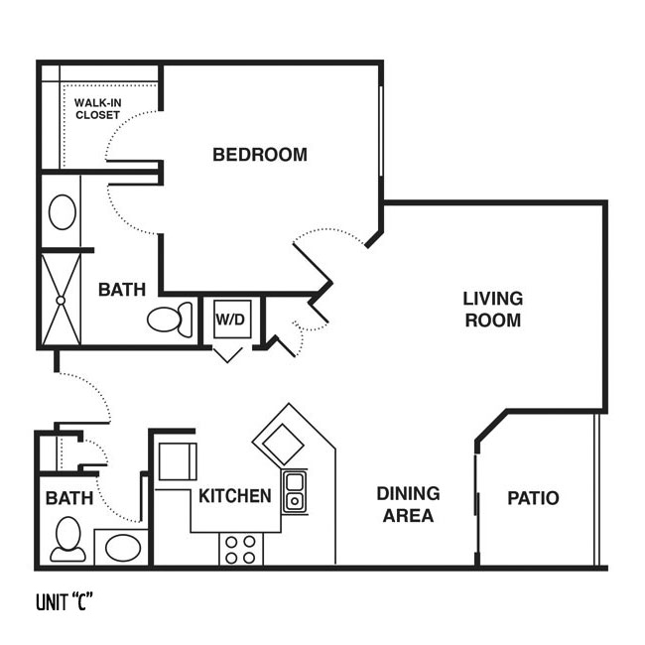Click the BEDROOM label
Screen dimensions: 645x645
pyautogui.click(x=260, y=155)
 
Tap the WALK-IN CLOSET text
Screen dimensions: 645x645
pyautogui.click(x=98, y=109)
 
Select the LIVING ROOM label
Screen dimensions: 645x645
pyautogui.click(x=493, y=310)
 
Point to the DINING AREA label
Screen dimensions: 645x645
pyautogui.click(x=408, y=504)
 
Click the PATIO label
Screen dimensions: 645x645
pyautogui.click(x=533, y=498)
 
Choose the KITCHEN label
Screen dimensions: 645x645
pyautogui.click(x=235, y=496)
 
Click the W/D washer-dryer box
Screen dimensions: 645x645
pyautogui.click(x=232, y=320)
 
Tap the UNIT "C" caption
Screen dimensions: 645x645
pyautogui.click(x=64, y=602)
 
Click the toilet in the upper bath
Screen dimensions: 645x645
pyautogui.click(x=170, y=320)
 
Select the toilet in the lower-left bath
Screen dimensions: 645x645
pyautogui.click(x=67, y=539)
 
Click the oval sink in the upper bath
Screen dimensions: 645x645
pyautogui.click(x=63, y=212)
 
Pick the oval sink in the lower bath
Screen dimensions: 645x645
pyautogui.click(x=123, y=548)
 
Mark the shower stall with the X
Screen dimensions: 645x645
pyautogui.click(x=61, y=300)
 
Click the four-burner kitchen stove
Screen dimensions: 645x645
pyautogui.click(x=241, y=550)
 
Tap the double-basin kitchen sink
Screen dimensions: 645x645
pyautogui.click(x=295, y=492)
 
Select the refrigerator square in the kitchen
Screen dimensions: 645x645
pyautogui.click(x=178, y=461)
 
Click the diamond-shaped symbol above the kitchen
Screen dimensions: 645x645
pyautogui.click(x=283, y=445)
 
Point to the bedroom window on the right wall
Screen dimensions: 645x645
pyautogui.click(x=381, y=131)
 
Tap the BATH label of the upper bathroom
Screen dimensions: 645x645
pyautogui.click(x=122, y=290)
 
